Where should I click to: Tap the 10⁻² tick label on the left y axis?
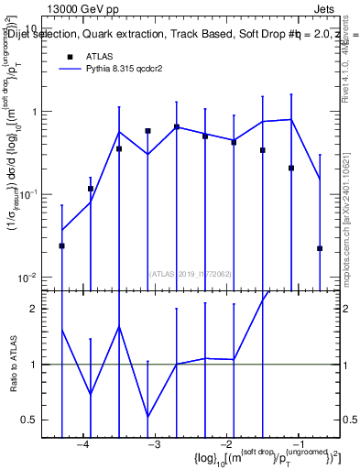coord(28,278)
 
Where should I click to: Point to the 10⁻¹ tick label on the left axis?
coord(28,195)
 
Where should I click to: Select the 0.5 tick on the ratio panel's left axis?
coord(30,420)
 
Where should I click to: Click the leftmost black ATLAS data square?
coord(61,245)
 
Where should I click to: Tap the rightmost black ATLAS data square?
coord(320,248)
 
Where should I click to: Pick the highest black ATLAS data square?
coord(176,127)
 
